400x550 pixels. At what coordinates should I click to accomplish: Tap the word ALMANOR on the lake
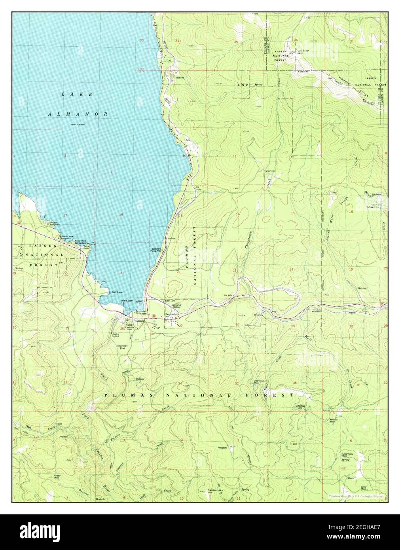(x=78, y=114)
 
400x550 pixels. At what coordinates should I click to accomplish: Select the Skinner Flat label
(x=121, y=346)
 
